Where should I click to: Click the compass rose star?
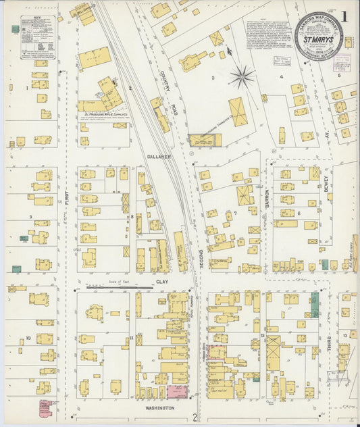[x=241, y=78]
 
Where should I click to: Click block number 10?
[x=28, y=337]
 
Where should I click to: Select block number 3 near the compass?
[x=212, y=78]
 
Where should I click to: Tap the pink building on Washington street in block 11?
[x=177, y=391]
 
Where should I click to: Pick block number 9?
[x=30, y=216]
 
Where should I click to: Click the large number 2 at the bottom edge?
[x=194, y=417]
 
